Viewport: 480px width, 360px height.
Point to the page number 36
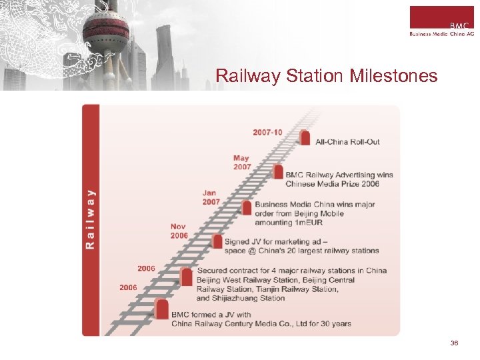coord(454,343)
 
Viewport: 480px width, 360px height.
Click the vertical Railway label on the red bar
coord(90,219)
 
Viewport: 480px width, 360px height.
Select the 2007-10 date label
coord(267,132)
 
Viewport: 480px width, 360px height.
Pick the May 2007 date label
coord(242,162)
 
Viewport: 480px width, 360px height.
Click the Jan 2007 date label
coord(211,197)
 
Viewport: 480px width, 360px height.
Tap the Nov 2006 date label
coord(179,231)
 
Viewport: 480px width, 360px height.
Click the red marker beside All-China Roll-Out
coord(305,137)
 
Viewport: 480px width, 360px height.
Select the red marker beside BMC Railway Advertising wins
coord(278,171)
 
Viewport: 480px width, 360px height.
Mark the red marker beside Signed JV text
coord(217,241)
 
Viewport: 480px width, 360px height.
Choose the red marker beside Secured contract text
coord(187,276)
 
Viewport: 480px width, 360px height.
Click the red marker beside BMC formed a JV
coord(161,308)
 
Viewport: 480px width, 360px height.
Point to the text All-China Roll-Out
coord(347,142)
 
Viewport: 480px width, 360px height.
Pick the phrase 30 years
coord(335,324)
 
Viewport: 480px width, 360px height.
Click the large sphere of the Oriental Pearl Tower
coord(106,29)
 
